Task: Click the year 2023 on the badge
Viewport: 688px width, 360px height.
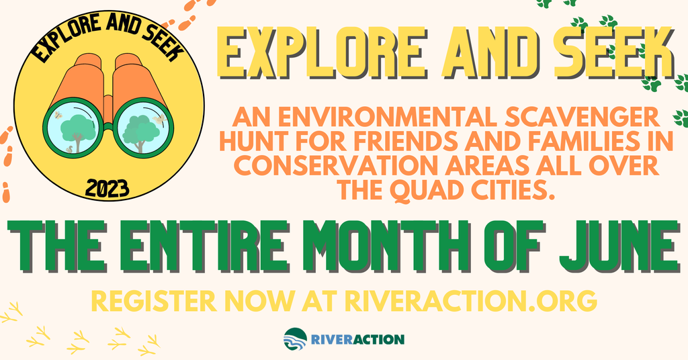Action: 107,189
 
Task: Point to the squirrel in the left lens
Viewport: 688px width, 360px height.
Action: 69,150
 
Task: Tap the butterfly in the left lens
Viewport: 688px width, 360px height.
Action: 58,115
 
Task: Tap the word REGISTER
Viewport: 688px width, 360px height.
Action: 154,301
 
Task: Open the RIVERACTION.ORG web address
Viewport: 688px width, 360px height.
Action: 470,301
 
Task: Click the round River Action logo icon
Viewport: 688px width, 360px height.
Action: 296,339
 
